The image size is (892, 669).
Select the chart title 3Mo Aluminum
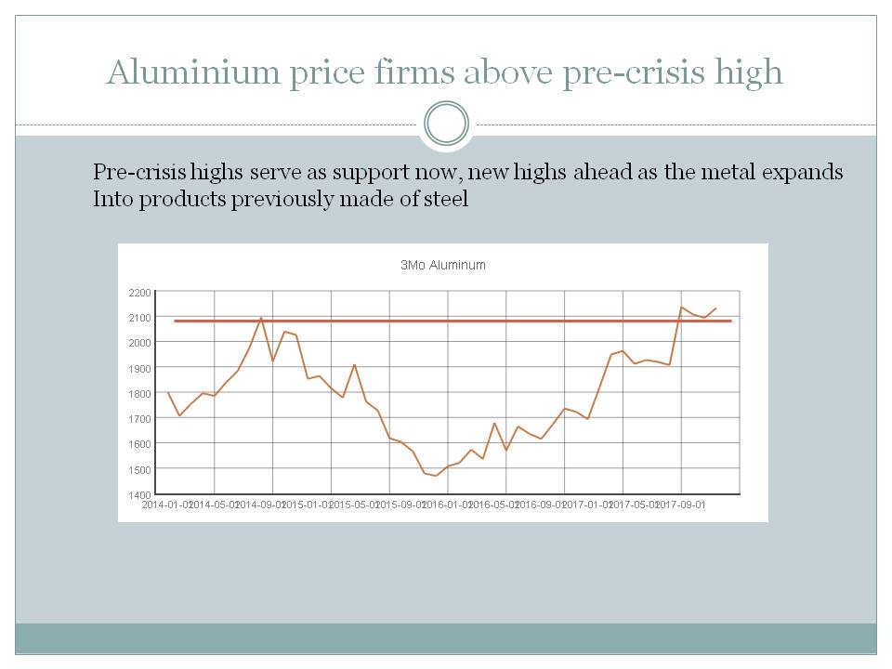(x=443, y=265)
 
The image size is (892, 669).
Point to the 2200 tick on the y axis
(x=139, y=293)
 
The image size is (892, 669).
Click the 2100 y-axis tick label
(x=139, y=318)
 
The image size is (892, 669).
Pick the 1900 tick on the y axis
(x=139, y=369)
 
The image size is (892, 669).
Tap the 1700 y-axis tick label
(x=139, y=419)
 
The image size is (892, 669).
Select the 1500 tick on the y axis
(x=139, y=469)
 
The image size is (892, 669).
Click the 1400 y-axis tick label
(x=139, y=494)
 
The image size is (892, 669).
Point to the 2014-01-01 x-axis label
(x=167, y=505)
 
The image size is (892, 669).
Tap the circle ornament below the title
(x=446, y=124)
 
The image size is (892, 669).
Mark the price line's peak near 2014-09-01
(x=261, y=318)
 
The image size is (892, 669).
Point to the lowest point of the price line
(x=436, y=476)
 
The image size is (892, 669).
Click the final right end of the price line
(x=715, y=308)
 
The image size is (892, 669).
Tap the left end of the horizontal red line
(x=176, y=321)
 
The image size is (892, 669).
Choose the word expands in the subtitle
(x=807, y=173)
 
